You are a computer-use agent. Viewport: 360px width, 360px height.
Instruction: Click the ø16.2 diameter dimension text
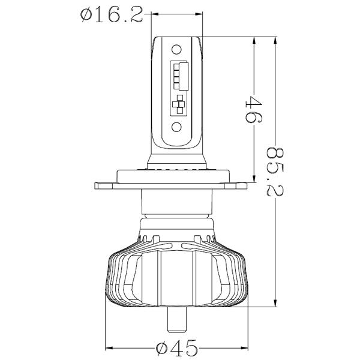point(112,15)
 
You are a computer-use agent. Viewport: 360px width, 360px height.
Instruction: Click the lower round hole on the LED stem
point(178,127)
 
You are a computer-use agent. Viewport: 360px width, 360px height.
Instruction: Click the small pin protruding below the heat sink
point(178,320)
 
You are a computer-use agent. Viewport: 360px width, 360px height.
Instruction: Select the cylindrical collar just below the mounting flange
point(178,205)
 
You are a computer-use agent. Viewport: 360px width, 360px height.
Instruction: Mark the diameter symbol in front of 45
point(161,347)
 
